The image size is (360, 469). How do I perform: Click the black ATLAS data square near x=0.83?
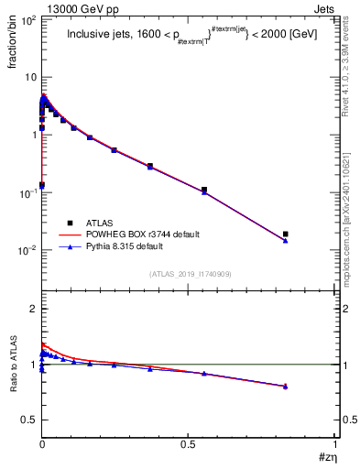[285, 234]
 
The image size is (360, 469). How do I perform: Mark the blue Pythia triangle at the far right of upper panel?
[285, 241]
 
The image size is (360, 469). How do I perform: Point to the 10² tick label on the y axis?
[27, 19]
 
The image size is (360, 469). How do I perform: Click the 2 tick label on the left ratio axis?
[32, 309]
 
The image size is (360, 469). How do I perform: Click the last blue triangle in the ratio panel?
[285, 387]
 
